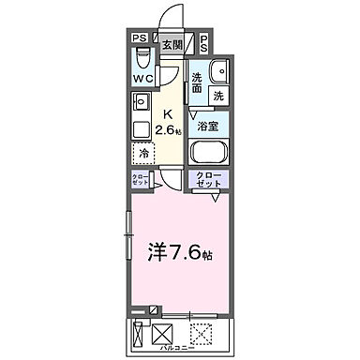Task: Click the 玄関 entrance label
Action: coord(171,44)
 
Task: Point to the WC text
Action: coord(142,79)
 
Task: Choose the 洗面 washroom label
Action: coord(198,82)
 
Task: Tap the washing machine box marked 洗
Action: coord(217,95)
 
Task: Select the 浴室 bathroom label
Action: coord(206,125)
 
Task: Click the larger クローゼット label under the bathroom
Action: coord(209,181)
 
